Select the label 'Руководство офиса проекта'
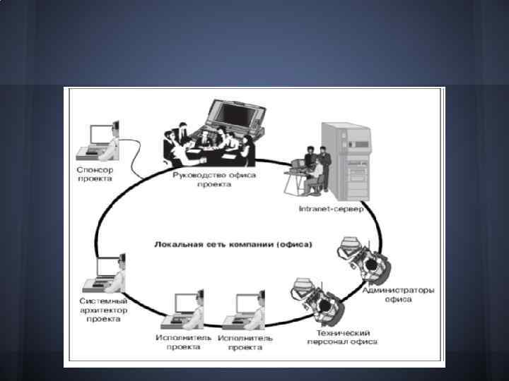pyautogui.click(x=214, y=179)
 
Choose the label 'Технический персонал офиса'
pyautogui.click(x=342, y=337)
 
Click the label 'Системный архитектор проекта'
pyautogui.click(x=103, y=309)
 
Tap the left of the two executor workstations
pyautogui.click(x=184, y=310)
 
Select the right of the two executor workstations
pyautogui.click(x=245, y=310)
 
